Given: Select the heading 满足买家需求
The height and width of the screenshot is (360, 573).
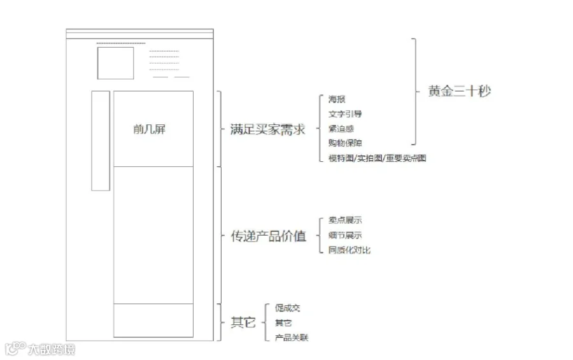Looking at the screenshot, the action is click(267, 130).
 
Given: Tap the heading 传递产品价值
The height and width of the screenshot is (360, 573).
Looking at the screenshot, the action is click(267, 236).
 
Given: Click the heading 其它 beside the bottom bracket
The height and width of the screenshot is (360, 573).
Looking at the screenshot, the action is click(243, 322).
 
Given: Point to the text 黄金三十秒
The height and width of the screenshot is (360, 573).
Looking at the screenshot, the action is click(459, 91).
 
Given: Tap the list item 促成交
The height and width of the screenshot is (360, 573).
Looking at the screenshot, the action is click(287, 308).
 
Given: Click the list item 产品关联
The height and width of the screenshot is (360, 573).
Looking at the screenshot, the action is click(291, 338).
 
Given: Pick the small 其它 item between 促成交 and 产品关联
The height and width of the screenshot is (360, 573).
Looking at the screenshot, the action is click(283, 323).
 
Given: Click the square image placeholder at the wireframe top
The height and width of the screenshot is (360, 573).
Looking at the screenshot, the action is click(115, 63).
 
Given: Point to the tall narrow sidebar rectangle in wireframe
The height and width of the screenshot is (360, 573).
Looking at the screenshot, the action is click(101, 141).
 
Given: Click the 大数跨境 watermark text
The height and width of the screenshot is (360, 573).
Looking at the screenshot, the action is click(51, 349).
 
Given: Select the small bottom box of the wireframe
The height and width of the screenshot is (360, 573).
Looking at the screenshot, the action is click(153, 320).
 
